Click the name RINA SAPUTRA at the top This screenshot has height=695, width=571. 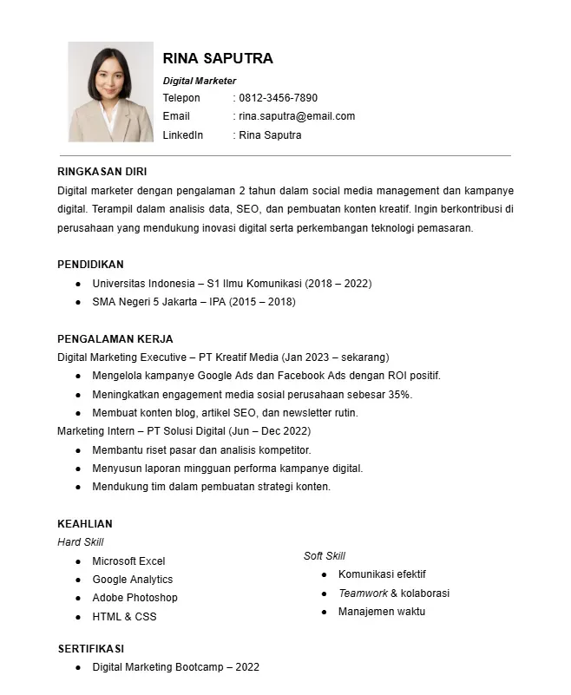pos(218,58)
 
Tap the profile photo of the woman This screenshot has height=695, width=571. pos(110,92)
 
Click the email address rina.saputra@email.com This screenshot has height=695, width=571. pos(297,116)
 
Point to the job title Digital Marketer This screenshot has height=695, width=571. pos(200,81)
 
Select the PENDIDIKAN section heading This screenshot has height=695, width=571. pos(90,264)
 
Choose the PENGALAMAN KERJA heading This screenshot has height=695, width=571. pos(115,338)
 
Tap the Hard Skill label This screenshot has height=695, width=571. pos(80,542)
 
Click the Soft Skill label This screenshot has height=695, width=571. pos(325,555)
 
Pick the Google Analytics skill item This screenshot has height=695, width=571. pos(133,580)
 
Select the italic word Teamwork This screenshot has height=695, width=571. pos(363,593)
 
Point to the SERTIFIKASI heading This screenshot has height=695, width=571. pos(91,648)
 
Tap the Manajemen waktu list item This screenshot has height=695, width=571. pos(382,612)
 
